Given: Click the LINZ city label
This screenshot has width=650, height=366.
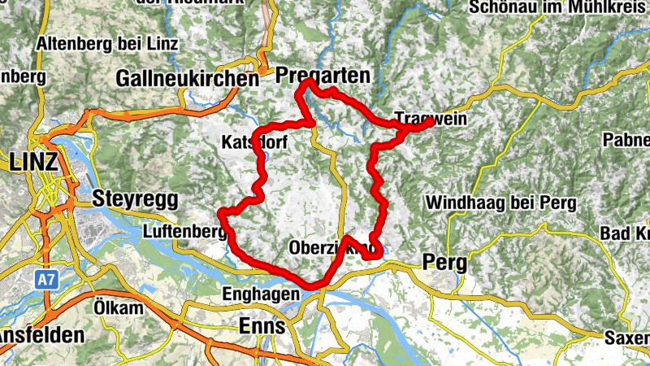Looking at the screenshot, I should [x=34, y=162].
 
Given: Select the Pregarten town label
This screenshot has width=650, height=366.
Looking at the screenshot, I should [x=323, y=76].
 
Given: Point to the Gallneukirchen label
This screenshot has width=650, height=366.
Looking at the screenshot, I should [x=187, y=79].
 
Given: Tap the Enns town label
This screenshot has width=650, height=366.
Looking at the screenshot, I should [x=261, y=326].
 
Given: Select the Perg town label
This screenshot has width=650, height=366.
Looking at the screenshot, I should [x=444, y=263].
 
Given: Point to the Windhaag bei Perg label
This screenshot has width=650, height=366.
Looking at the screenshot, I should [x=500, y=203].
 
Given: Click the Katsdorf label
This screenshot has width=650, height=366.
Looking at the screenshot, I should [x=253, y=142].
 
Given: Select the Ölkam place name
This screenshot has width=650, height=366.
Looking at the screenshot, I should [x=112, y=309].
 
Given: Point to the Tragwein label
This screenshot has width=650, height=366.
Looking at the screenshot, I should [x=431, y=119].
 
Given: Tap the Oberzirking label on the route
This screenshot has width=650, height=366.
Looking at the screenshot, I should [x=331, y=247].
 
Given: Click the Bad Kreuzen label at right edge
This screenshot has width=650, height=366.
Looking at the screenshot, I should [x=626, y=234].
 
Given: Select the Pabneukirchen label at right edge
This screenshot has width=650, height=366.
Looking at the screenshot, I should [x=626, y=140].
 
